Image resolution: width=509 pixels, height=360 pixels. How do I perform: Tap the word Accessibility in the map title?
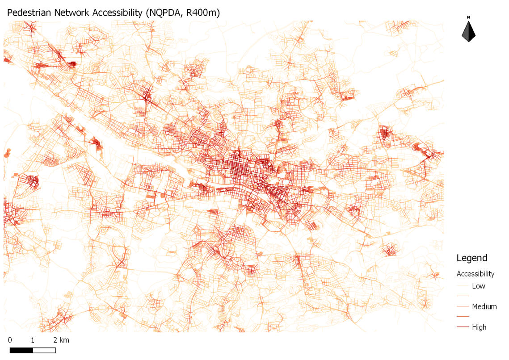coord(117,13)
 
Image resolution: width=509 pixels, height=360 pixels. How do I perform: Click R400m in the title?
coord(203,13)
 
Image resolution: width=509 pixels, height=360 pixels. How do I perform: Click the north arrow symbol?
coord(468,32)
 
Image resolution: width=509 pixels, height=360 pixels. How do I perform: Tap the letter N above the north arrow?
coord(468,18)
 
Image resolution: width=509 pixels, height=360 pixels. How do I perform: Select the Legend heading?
coord(471,258)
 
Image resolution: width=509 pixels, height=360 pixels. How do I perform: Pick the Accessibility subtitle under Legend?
coord(475,274)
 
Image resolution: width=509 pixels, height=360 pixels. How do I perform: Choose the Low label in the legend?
coord(478,286)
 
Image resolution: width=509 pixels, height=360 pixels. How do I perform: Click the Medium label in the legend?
coord(484,306)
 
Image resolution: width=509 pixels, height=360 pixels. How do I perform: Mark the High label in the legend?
coord(479,327)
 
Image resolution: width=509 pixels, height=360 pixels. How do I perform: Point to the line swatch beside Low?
coord(463,286)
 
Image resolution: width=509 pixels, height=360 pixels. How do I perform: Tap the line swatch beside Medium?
coord(463,306)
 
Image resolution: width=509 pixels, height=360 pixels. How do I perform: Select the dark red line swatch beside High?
coord(463,327)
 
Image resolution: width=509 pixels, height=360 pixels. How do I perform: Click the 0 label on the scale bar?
coord(10,340)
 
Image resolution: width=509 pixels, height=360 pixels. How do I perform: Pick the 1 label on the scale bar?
coord(33,340)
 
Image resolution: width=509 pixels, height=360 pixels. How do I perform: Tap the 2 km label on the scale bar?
coord(61,340)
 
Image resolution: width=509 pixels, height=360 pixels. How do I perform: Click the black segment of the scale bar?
coord(21,350)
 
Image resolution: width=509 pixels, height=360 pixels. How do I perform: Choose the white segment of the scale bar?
coord(44,350)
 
